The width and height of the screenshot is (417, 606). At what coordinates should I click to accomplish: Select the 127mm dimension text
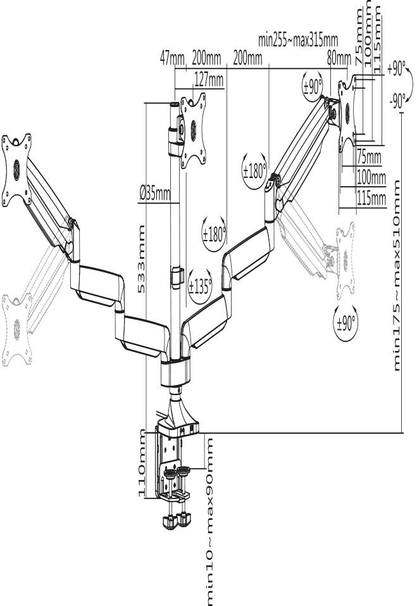click(208, 80)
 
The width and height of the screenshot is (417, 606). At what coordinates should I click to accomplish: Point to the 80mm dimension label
click(339, 59)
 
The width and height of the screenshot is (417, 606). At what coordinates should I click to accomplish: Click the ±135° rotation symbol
click(201, 286)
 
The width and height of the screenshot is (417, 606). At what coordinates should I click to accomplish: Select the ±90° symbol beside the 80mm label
click(313, 87)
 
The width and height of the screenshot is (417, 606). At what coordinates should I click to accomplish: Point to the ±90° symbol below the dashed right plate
click(345, 323)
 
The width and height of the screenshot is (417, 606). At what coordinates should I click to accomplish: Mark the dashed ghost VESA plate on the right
click(344, 260)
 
